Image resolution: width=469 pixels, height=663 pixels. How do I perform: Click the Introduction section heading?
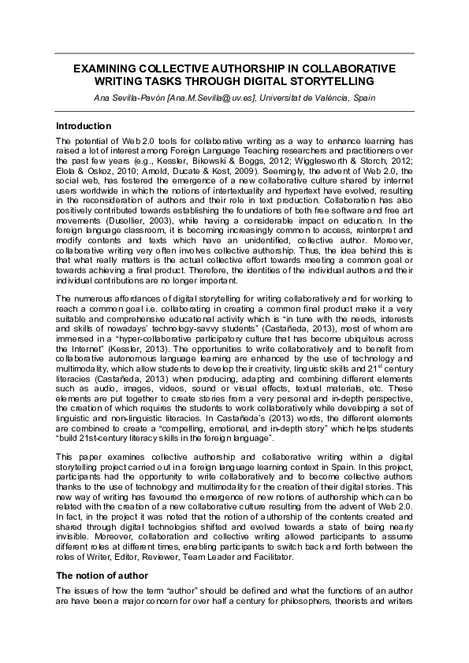coord(84,126)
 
